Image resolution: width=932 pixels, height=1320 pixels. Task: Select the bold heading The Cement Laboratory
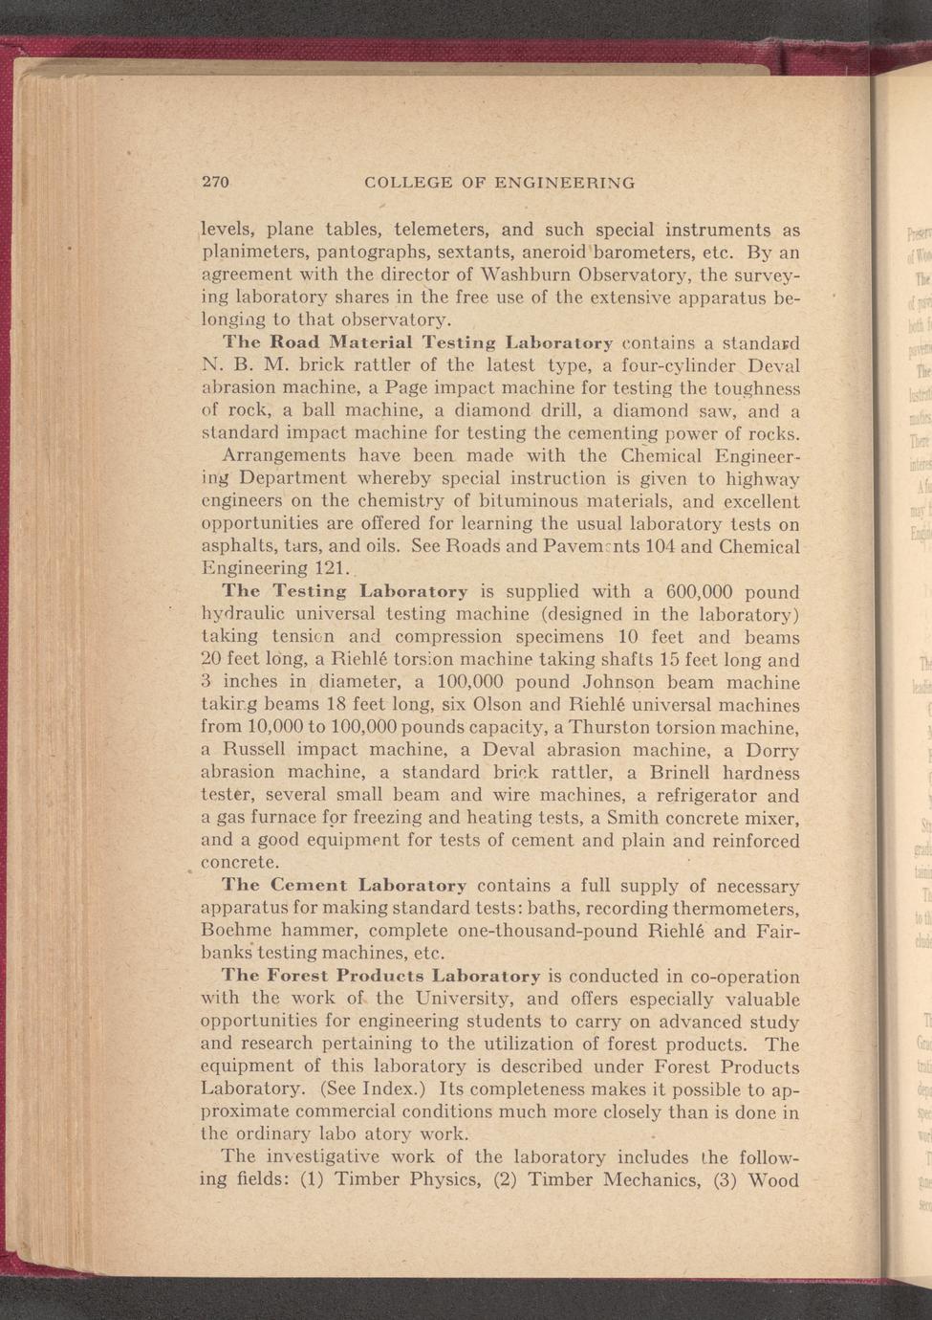tap(344, 886)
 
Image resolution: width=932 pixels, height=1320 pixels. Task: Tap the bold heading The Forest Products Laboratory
tap(381, 977)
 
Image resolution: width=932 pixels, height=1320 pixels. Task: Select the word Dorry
tap(771, 751)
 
